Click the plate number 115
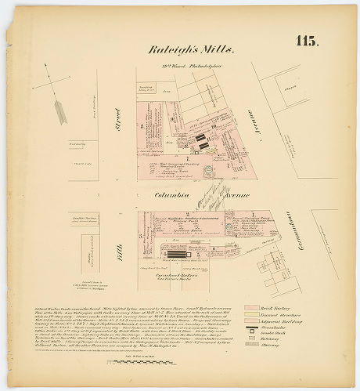[x=306, y=42]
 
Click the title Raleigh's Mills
[x=191, y=49]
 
